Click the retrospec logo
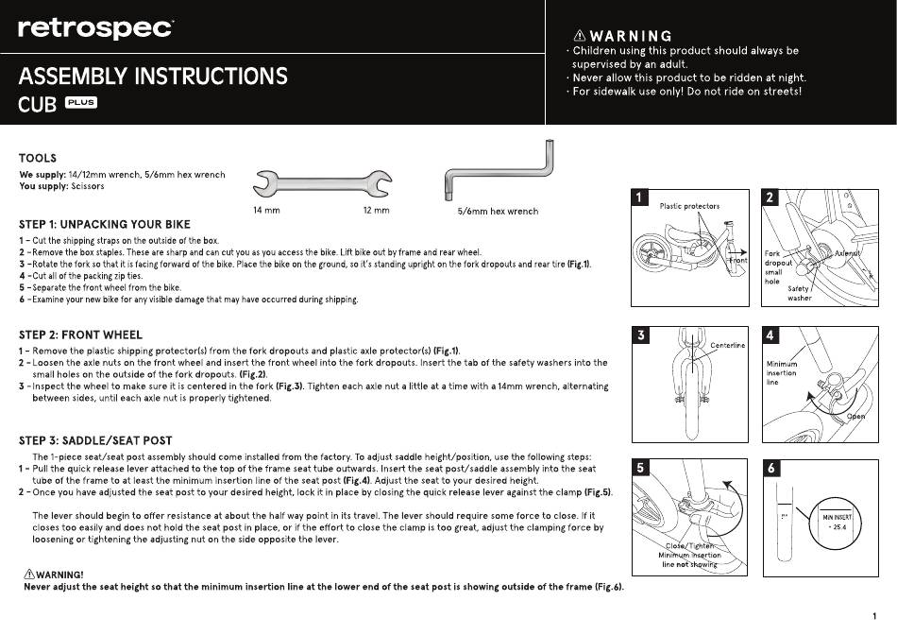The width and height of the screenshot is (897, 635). pos(95,28)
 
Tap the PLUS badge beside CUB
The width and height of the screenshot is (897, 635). pos(81,102)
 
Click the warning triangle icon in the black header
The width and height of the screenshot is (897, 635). pos(580,36)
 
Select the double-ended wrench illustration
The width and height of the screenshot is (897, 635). pos(322,184)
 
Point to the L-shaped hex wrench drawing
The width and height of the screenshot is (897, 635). pos(499,170)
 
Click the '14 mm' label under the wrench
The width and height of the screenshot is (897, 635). pos(266,210)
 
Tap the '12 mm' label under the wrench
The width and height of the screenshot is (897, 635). pos(376,210)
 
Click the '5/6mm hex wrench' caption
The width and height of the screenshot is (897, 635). pos(498,212)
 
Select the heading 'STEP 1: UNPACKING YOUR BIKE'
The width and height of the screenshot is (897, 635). pos(105,225)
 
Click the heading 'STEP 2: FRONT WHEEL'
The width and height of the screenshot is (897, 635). pos(80,335)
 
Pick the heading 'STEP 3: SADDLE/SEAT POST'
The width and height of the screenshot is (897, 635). pos(95,441)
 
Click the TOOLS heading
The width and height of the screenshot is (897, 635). pos(38,158)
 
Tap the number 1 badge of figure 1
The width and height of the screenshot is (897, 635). pos(639,197)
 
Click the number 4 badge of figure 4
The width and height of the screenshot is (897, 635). pos(770,335)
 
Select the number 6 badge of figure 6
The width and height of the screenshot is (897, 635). pos(770,468)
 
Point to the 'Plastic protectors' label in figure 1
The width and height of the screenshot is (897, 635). pos(689,206)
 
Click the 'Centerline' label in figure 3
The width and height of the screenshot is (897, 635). pos(728,345)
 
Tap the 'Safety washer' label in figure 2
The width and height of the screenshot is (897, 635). pos(799,293)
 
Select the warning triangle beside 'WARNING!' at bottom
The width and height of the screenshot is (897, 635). pos(29,574)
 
